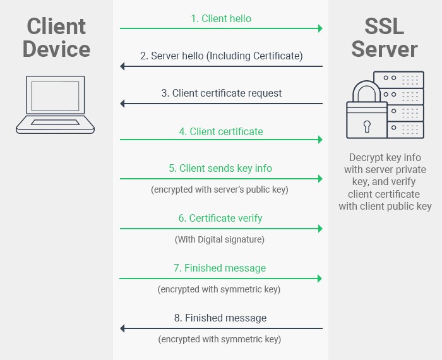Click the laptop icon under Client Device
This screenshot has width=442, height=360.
(55, 104)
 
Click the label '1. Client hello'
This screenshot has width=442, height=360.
(221, 18)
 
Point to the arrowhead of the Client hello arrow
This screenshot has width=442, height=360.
(320, 28)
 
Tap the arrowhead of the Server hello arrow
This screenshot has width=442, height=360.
(123, 66)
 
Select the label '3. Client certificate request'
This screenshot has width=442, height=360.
(221, 93)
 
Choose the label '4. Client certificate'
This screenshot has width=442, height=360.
(221, 131)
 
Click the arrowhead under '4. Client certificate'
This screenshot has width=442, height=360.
(320, 140)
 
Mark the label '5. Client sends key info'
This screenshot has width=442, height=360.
(221, 169)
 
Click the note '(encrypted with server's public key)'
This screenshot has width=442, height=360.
(220, 189)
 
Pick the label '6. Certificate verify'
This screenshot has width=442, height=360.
(220, 219)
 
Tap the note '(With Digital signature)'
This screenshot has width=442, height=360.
(220, 239)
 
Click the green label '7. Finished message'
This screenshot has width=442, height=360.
(220, 268)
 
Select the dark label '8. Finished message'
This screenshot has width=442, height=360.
(220, 318)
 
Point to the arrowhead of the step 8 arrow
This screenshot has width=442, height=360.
(123, 328)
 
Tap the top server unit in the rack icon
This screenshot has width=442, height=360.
(399, 80)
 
